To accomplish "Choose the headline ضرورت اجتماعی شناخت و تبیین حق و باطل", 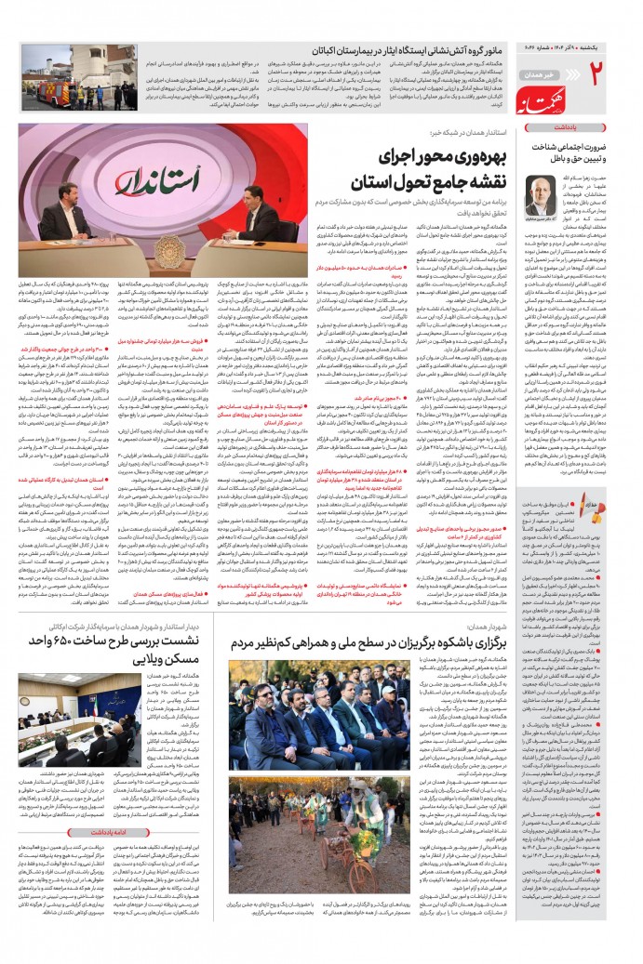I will point(570,152).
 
